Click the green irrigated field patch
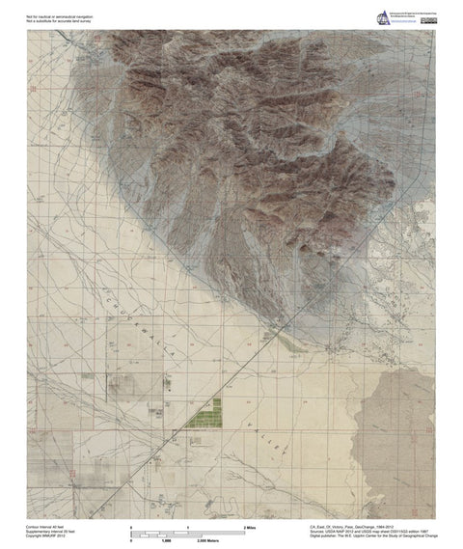point(205,416)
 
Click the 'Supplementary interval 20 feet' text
point(50,531)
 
